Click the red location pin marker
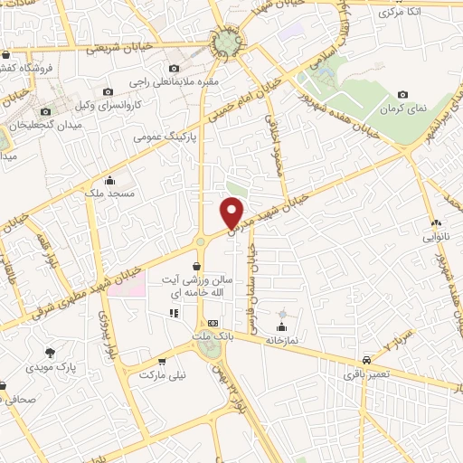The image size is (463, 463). pyautogui.click(x=232, y=213)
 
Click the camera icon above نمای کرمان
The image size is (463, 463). pyautogui.click(x=402, y=94)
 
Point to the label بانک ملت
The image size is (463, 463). pyautogui.click(x=213, y=336)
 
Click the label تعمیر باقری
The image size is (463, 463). pyautogui.click(x=365, y=373)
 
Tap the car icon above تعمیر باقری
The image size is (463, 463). pyautogui.click(x=365, y=358)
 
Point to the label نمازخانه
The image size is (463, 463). pyautogui.click(x=282, y=342)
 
